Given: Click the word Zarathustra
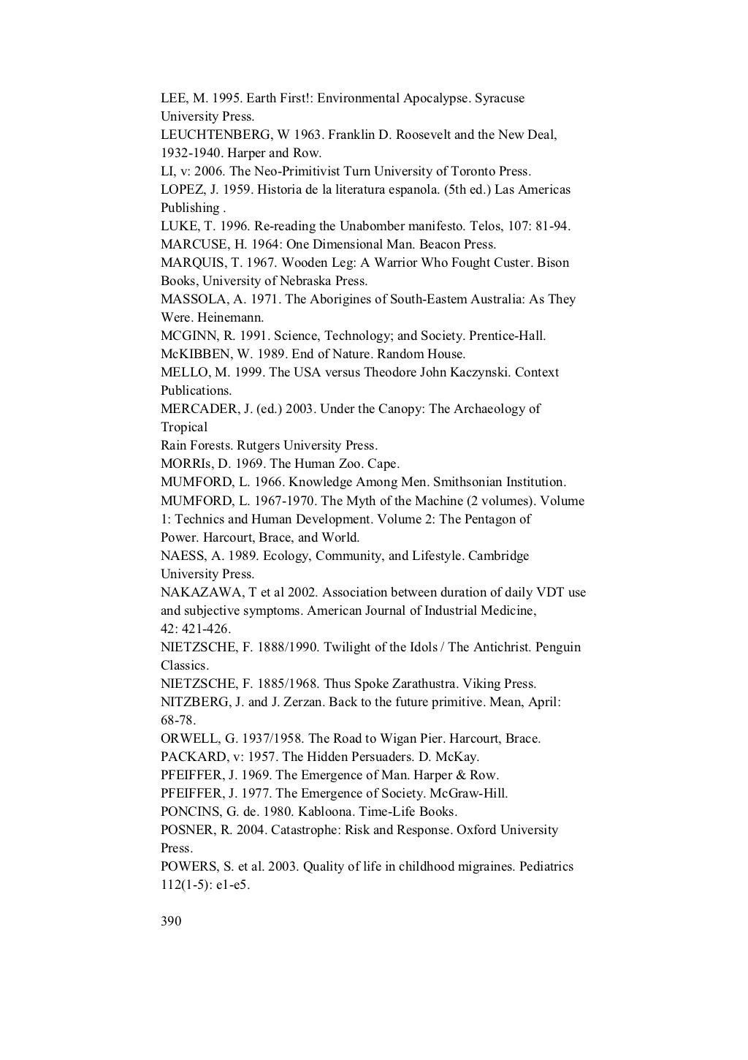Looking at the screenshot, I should [x=424, y=684].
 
